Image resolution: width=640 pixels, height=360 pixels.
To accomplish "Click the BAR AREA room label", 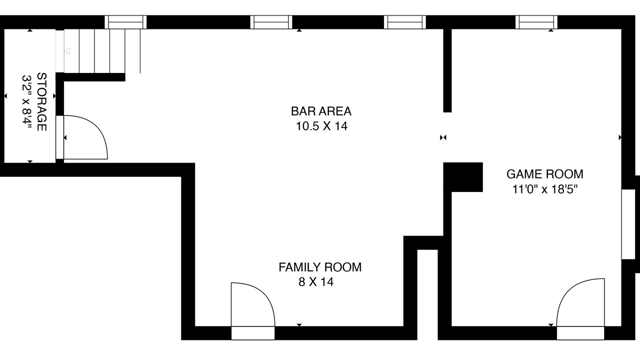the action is point(321,111).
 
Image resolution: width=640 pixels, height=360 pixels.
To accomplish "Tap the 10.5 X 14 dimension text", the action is point(321,126).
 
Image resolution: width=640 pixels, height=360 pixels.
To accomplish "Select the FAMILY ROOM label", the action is point(320,267).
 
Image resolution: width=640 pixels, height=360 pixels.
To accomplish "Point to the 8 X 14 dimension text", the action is point(316,282).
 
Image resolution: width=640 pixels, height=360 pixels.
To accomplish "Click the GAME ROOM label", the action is point(545,174).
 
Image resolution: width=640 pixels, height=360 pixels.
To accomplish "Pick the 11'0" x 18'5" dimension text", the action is point(545,189).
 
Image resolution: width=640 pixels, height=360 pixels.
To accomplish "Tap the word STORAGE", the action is point(41,102).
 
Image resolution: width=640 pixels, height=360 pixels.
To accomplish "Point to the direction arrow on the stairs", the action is point(67,51).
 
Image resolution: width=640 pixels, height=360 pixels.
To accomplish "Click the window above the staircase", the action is point(125,22).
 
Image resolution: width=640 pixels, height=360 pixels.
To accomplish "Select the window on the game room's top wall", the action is point(536,22).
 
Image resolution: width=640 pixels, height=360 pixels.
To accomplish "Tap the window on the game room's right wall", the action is point(628,224).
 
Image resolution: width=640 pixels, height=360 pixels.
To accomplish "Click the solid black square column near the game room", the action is point(463,177).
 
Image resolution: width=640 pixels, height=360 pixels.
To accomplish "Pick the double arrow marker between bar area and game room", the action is point(443,137).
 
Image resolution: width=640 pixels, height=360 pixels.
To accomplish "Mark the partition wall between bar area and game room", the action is point(447,70).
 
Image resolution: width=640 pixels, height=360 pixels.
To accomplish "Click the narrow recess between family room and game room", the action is point(427,294).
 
